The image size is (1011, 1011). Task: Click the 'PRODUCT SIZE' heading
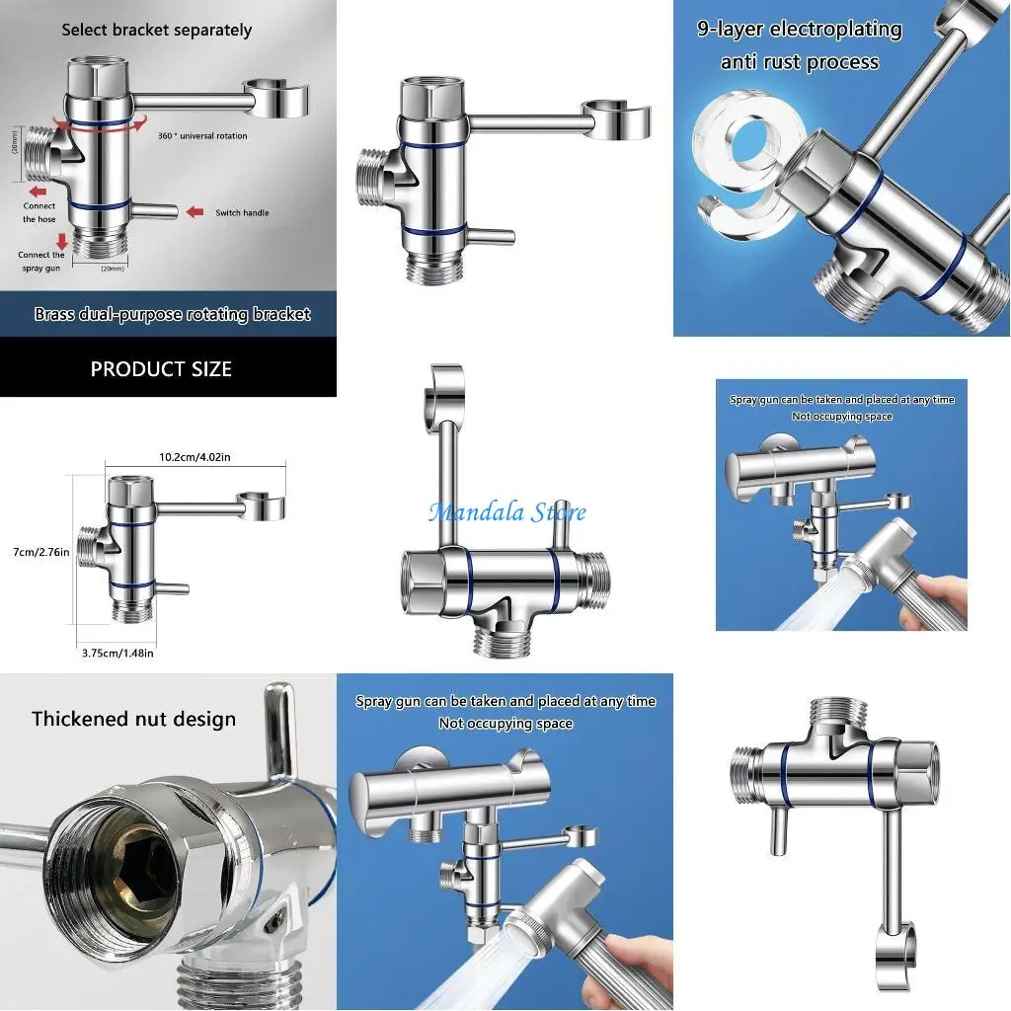click(x=161, y=369)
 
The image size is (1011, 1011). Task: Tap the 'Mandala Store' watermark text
click(x=506, y=512)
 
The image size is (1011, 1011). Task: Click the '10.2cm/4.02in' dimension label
click(x=194, y=457)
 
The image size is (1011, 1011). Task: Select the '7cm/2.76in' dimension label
click(x=35, y=552)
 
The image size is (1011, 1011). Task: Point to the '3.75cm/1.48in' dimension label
click(x=117, y=653)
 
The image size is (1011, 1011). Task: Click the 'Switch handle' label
click(x=242, y=213)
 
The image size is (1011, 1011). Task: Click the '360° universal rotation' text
click(x=202, y=136)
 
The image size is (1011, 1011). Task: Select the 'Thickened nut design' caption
click(x=133, y=719)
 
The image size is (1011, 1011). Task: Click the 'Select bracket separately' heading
click(x=156, y=30)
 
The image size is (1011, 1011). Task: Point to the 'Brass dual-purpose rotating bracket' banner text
click(x=172, y=314)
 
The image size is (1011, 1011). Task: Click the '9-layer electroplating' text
click(x=799, y=29)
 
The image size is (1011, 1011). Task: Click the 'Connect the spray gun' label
click(x=41, y=261)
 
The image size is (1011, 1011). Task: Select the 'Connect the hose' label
click(x=39, y=212)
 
